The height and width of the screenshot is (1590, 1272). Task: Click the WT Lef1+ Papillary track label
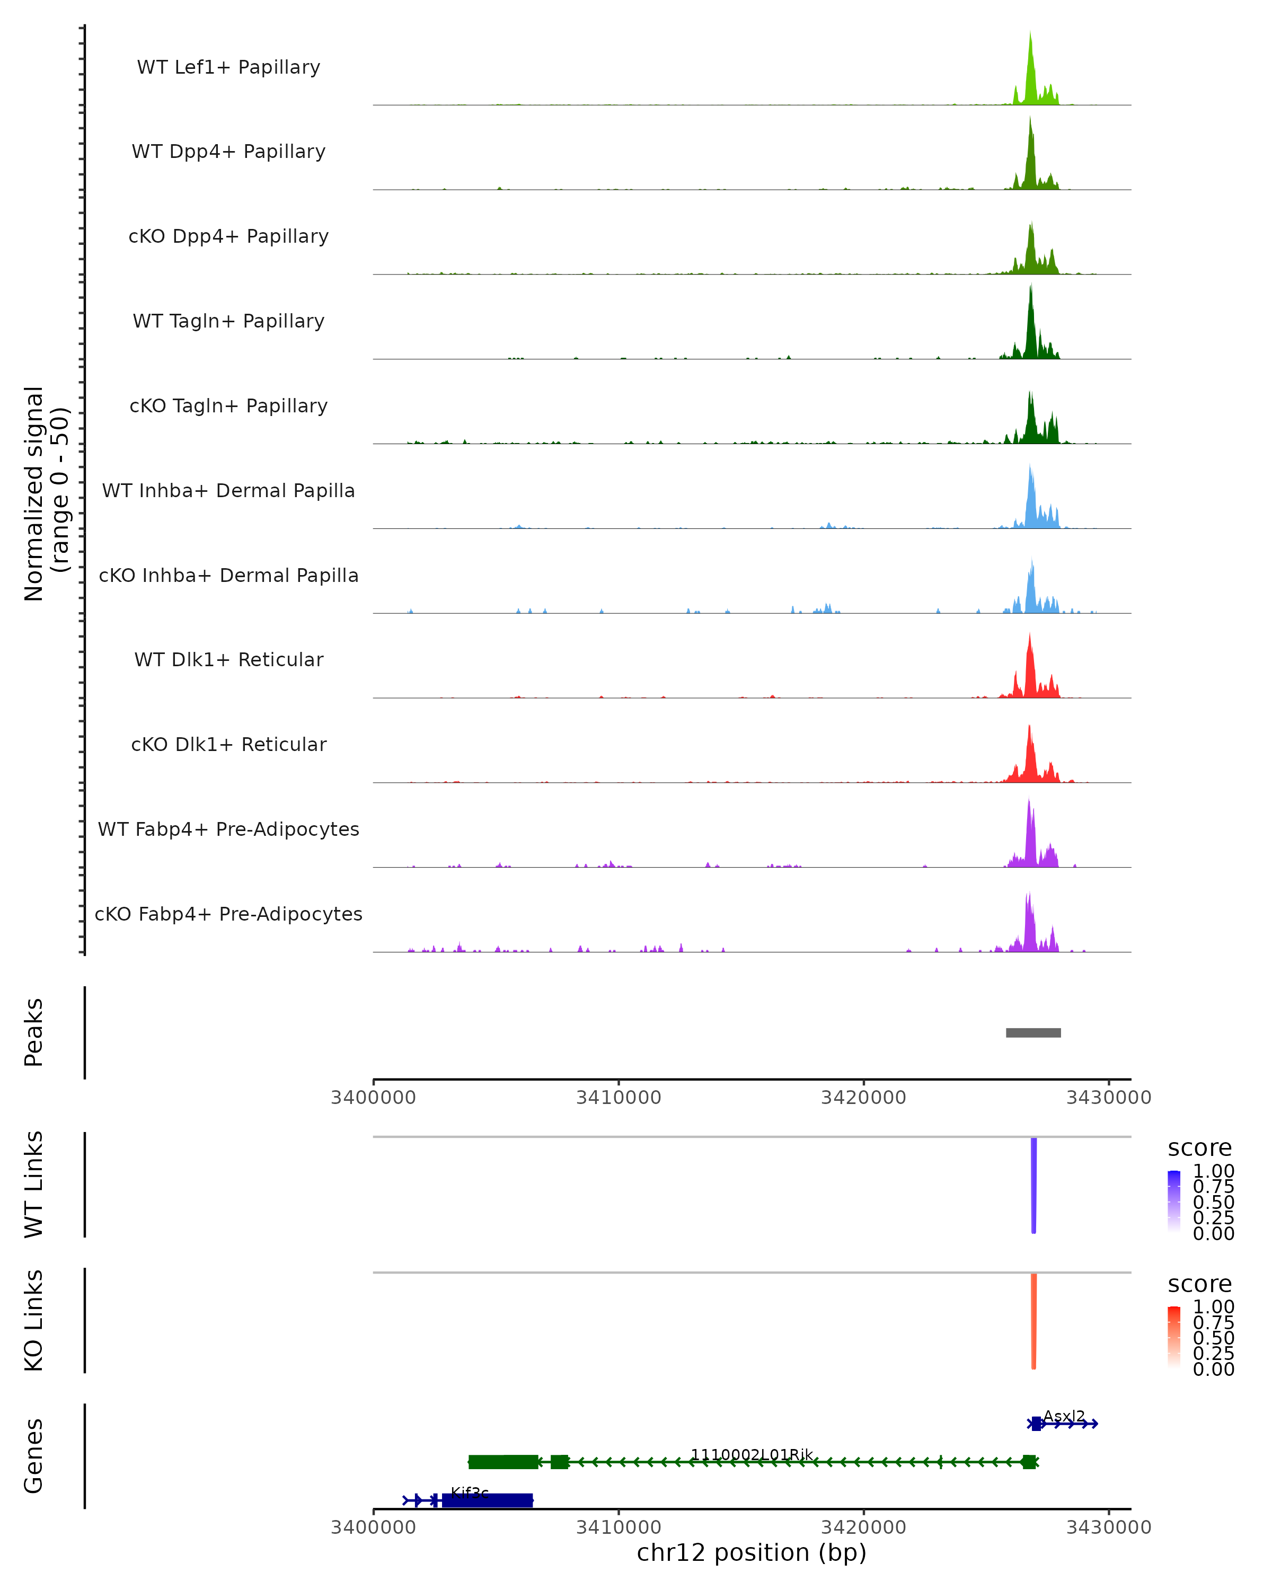[228, 67]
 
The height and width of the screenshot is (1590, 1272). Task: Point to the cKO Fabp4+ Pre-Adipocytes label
[228, 914]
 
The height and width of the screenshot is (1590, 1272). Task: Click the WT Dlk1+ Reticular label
[228, 660]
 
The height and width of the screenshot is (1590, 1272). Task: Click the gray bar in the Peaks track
[1033, 1032]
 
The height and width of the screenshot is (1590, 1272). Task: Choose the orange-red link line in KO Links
[1034, 1320]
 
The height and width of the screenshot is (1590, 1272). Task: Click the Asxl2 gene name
[1064, 1417]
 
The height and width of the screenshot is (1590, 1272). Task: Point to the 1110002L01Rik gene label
[752, 1455]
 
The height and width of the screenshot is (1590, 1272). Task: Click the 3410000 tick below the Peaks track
[619, 1098]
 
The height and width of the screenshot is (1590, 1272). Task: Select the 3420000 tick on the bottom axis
[863, 1527]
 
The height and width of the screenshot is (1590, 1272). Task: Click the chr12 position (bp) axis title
[752, 1553]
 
